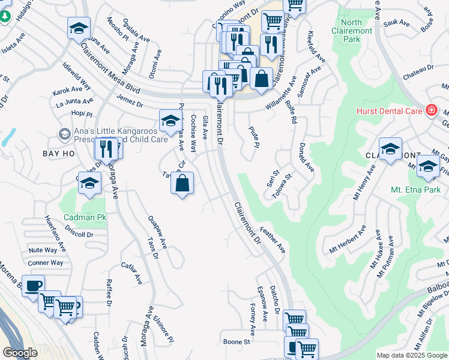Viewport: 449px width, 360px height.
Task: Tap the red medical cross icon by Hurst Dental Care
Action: click(x=430, y=110)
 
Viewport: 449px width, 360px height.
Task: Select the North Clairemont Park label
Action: click(x=360, y=31)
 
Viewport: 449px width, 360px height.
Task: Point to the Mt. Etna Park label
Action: click(x=415, y=190)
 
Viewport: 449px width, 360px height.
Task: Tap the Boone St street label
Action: click(x=237, y=341)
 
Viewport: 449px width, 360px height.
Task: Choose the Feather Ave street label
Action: click(x=273, y=239)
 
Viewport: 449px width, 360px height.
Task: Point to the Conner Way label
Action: click(x=46, y=263)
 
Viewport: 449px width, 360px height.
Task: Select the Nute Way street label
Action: click(x=43, y=250)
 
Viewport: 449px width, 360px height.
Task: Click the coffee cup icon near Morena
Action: click(x=33, y=284)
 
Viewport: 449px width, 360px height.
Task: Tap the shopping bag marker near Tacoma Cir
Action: click(x=182, y=182)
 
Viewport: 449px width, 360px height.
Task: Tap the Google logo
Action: click(x=20, y=353)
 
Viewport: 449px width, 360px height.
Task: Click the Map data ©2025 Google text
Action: click(x=411, y=355)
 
